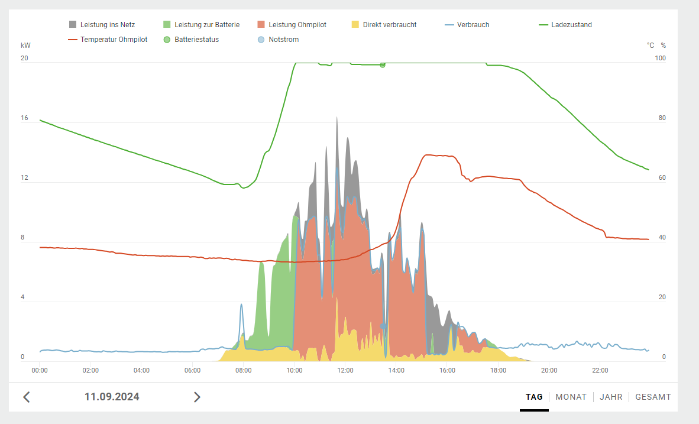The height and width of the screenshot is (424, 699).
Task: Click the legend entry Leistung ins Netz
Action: click(107, 25)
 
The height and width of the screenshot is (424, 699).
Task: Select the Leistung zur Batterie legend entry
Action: click(206, 25)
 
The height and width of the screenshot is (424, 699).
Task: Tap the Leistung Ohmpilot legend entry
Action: click(297, 25)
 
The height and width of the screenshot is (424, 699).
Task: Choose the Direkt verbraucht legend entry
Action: click(389, 25)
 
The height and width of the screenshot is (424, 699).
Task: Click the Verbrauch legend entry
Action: click(473, 25)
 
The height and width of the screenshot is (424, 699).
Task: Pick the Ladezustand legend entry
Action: click(571, 25)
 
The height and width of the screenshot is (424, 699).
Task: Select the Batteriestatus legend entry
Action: click(196, 40)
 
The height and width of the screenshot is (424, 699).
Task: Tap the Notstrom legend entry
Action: click(283, 40)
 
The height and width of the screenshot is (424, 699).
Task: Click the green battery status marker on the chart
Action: click(383, 65)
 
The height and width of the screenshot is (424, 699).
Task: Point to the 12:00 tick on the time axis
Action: click(345, 370)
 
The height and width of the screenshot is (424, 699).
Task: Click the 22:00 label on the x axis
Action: click(600, 370)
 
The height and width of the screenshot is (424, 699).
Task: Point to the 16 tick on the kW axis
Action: click(24, 118)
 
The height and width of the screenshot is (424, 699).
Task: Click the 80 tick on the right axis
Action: click(662, 118)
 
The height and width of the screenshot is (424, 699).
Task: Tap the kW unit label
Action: click(25, 46)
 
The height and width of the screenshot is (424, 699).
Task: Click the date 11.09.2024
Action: click(112, 397)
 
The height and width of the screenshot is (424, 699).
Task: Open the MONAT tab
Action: click(571, 397)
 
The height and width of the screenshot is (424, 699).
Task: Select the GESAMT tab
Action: click(653, 397)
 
